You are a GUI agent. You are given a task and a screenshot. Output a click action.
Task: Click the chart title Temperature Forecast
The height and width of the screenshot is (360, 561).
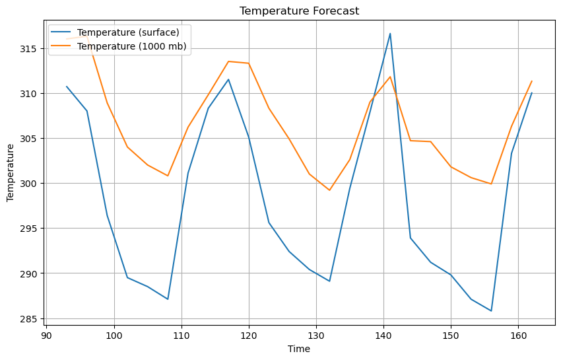coord(299,11)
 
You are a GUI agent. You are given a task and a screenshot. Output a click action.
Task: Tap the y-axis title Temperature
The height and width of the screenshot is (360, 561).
coord(11,173)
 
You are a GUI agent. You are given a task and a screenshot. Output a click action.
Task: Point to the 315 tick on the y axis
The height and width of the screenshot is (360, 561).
coord(29,49)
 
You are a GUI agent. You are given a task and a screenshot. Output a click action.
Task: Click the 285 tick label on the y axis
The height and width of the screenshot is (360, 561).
coord(29,318)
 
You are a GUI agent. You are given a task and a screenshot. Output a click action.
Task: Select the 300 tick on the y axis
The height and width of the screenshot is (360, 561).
coord(29,184)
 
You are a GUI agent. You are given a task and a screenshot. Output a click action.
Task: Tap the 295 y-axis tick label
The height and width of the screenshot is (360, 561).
coord(29,229)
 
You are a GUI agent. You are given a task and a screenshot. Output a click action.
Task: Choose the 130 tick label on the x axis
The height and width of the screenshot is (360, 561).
coord(316,335)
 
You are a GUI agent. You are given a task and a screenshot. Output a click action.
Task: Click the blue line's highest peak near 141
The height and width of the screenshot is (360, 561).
coord(390,33)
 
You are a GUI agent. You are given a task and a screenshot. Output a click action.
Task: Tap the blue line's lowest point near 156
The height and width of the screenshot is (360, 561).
coord(491,310)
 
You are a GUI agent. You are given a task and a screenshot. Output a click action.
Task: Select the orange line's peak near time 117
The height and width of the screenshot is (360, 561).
coord(228,61)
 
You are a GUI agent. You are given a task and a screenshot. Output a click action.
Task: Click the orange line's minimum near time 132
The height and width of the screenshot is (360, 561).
coord(329,190)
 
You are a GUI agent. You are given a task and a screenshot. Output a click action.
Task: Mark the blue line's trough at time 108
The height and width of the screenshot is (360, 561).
coord(168,299)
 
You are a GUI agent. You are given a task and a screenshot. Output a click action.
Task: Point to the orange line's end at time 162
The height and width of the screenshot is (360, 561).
coord(531,81)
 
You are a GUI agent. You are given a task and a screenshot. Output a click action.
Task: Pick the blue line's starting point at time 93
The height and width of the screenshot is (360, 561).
coord(67,87)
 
